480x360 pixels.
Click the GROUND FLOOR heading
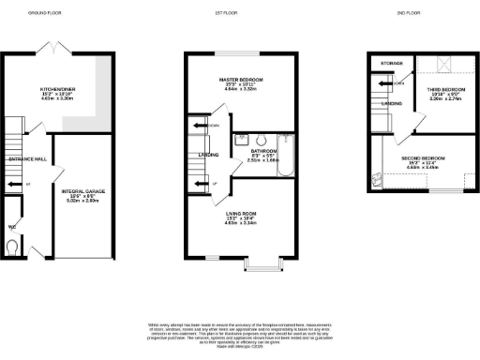point(45,14)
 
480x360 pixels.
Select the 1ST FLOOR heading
point(243,14)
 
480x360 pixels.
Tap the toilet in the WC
point(10,246)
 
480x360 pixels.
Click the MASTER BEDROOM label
point(243,81)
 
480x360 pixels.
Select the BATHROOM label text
point(262,149)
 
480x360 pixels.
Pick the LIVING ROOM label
point(243,213)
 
